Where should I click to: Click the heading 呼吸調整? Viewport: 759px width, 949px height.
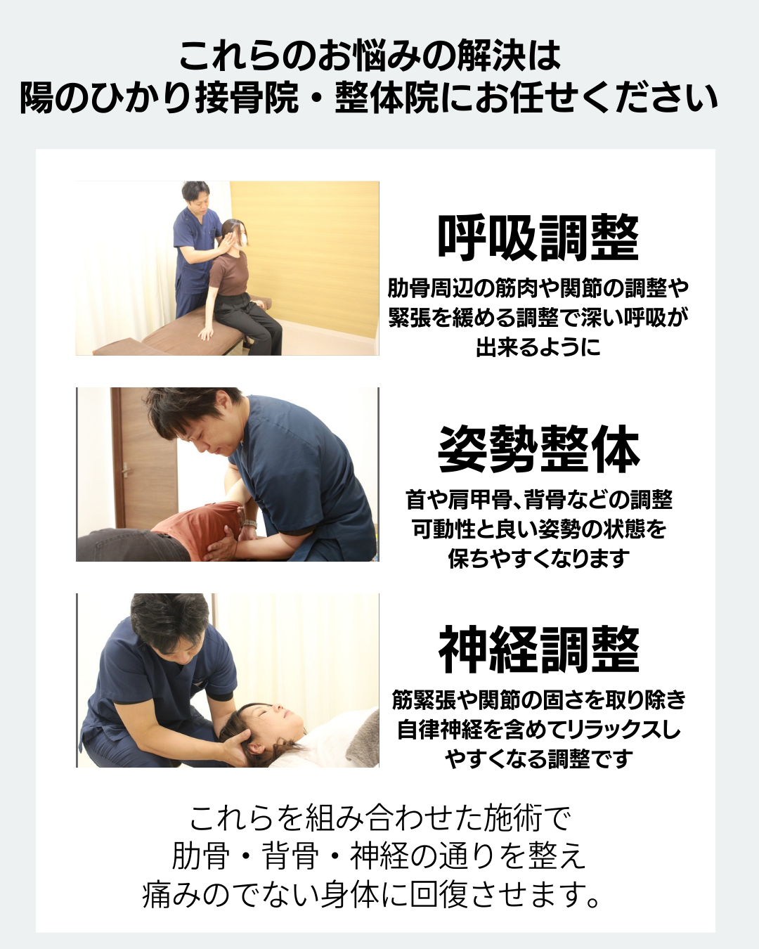[538, 238]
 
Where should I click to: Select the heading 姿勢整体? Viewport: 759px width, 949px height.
[538, 449]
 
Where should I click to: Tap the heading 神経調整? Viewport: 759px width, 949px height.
[538, 650]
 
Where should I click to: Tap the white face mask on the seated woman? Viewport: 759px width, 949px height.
[242, 240]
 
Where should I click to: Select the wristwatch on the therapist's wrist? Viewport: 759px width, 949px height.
[249, 523]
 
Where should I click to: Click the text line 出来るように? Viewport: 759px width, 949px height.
[538, 347]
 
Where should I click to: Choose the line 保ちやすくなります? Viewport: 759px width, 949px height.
[538, 558]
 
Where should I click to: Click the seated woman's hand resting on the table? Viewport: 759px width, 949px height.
[205, 333]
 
